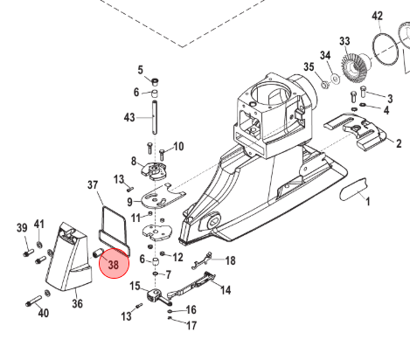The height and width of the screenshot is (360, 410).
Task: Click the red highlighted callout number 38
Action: [x=114, y=265]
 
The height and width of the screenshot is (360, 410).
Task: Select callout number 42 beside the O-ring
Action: [x=377, y=16]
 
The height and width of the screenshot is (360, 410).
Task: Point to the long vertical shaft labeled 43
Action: [x=155, y=117]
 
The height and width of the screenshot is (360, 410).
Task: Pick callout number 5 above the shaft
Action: [x=141, y=70]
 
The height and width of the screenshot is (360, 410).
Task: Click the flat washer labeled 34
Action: [x=336, y=79]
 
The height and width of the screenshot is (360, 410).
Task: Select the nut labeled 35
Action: [x=324, y=85]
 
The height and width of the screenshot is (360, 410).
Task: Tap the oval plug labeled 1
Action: [x=353, y=190]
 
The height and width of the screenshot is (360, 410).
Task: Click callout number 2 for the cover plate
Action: [x=399, y=143]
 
